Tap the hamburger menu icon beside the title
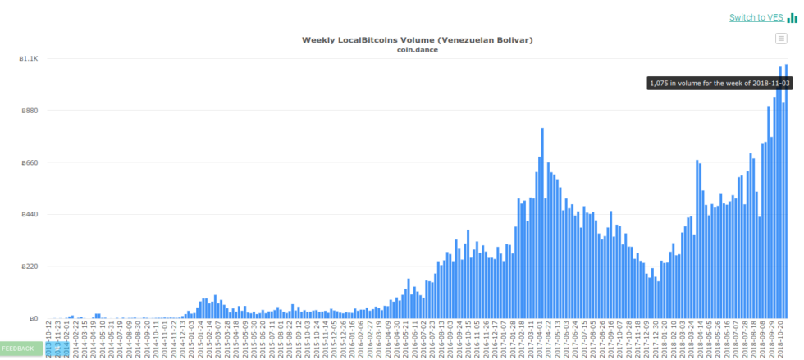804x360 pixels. click(781, 39)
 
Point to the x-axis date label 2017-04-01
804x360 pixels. click(540, 338)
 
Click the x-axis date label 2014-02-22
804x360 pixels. click(75, 338)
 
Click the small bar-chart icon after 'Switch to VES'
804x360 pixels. click(793, 18)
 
